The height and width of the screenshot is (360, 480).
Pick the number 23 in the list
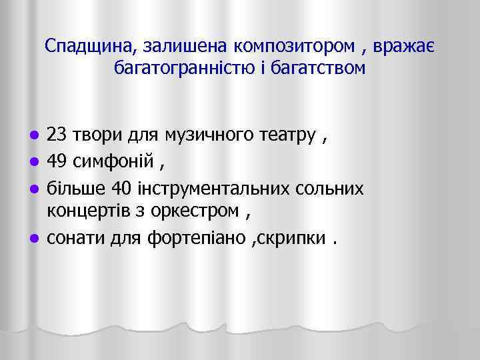coord(56,137)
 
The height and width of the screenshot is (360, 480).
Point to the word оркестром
coord(200,211)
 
